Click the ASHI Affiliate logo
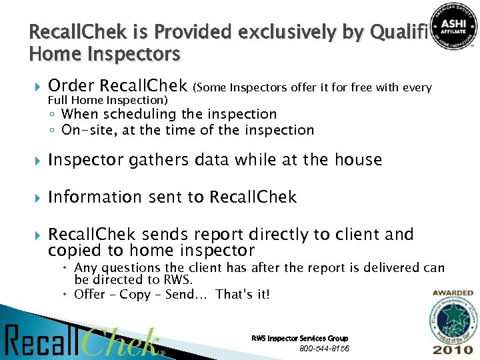coord(453,26)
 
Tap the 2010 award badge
coord(453,324)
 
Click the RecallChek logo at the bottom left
coord(83,341)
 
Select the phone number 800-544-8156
coord(325,349)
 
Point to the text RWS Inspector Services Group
coord(299,339)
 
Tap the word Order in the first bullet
coord(71,86)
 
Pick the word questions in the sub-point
coord(133,268)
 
